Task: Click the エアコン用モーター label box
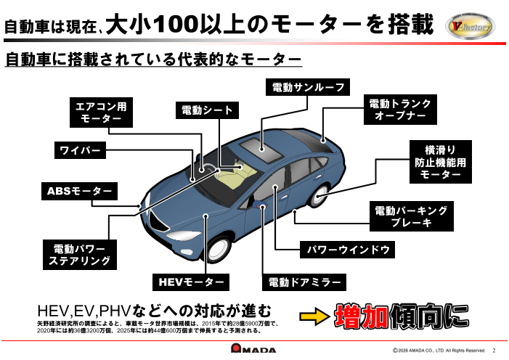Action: point(101,112)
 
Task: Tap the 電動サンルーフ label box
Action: point(307,87)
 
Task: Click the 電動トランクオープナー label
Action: point(399,110)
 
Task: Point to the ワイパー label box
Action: point(80,151)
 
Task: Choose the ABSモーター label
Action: point(79,192)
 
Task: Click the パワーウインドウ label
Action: point(348,250)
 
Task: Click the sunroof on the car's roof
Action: point(263,148)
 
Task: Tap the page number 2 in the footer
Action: point(494,350)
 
